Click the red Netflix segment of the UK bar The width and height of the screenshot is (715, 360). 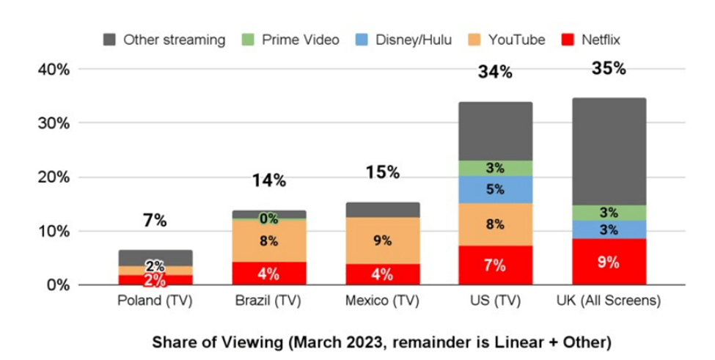pos(609,262)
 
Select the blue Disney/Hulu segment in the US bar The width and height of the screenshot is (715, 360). pos(495,189)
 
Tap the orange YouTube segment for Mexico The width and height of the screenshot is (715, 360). pos(382,240)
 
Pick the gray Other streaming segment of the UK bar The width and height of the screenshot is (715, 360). pos(609,151)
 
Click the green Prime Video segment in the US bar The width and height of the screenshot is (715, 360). pos(495,168)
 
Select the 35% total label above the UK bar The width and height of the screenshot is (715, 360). pos(609,68)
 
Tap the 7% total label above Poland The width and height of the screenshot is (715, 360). pos(155,220)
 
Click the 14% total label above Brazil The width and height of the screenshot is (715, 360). pos(268,180)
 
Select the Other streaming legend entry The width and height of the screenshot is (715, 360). pos(165,40)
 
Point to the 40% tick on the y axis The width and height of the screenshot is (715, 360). pos(54,69)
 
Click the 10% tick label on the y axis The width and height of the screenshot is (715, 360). pos(54,231)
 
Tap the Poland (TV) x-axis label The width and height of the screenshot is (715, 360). pos(155,301)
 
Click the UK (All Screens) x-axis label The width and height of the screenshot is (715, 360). pos(609,301)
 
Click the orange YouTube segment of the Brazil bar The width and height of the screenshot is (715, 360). pos(268,240)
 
